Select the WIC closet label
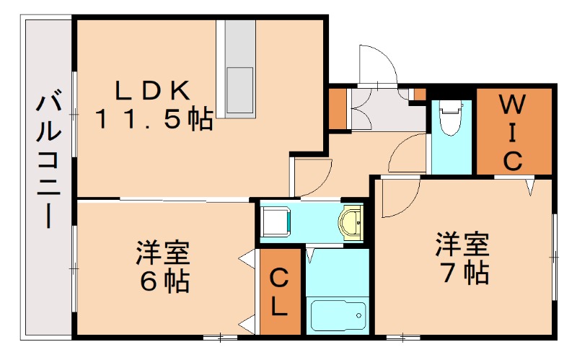click(x=512, y=131)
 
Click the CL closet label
click(x=280, y=292)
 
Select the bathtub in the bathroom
click(x=337, y=315)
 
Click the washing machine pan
click(x=276, y=221)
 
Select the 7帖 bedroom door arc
click(x=399, y=198)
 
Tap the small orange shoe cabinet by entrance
click(x=337, y=108)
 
